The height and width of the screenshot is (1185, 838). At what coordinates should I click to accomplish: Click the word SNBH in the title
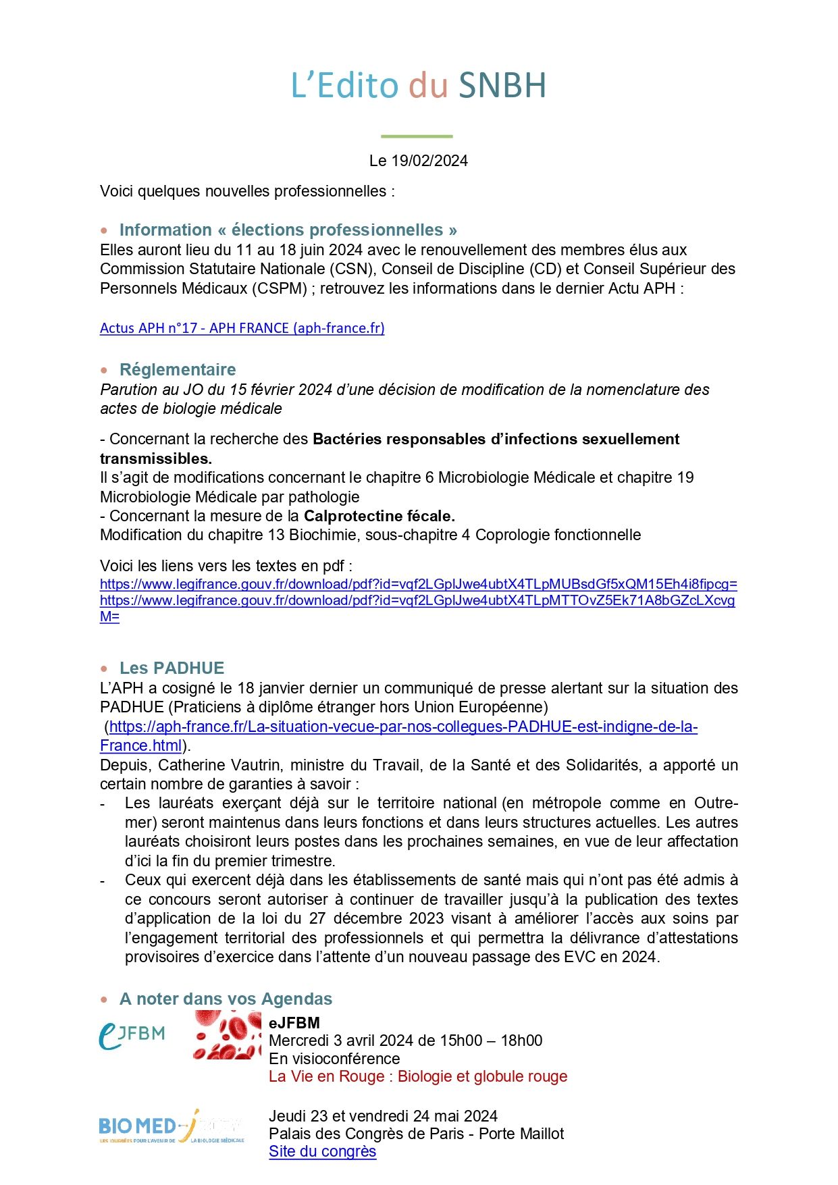502,86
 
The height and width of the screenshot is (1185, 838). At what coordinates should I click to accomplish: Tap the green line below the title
417,136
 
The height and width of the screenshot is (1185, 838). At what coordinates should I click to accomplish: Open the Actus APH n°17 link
242,328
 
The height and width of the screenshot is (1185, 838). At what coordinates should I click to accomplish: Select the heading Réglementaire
178,369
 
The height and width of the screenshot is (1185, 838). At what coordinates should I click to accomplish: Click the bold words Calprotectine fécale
379,516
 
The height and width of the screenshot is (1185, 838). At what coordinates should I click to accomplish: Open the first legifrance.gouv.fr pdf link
418,584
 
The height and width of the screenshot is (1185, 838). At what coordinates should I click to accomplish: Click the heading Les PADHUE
172,668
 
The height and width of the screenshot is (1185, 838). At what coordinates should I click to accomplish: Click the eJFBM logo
132,1034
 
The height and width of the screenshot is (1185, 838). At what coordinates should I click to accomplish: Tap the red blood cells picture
227,1034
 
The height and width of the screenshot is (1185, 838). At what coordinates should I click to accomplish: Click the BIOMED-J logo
171,1126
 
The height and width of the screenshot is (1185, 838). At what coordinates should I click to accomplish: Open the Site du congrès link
322,1151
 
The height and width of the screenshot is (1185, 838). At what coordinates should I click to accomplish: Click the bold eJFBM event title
294,1022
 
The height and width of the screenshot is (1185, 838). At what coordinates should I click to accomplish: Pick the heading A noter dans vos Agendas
226,999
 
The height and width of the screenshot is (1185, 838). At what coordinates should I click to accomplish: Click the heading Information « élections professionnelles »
288,230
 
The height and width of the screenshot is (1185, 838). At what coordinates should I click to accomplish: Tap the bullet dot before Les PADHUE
104,668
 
